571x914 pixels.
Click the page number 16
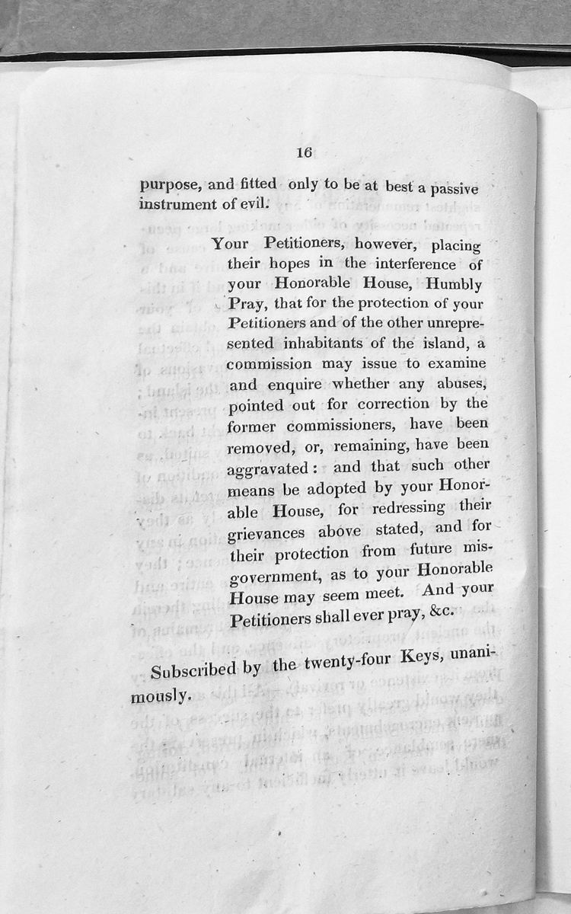(x=304, y=152)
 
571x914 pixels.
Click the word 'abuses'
(x=453, y=382)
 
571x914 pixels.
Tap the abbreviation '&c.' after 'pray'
(x=439, y=610)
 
